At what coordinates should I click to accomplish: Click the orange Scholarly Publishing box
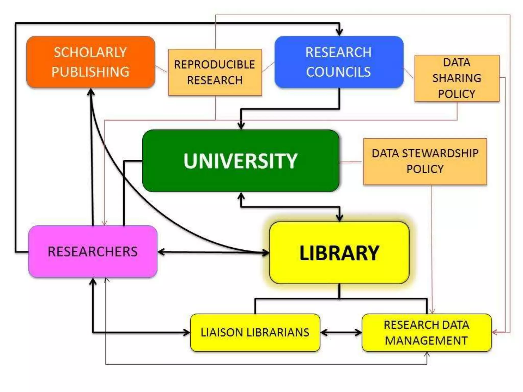(x=91, y=62)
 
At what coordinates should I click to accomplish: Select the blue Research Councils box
(x=339, y=62)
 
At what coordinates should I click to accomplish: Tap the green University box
(x=241, y=161)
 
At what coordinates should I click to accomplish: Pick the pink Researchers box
(x=93, y=251)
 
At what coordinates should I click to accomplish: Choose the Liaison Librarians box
(x=255, y=333)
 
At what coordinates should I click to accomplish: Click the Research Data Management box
(x=426, y=333)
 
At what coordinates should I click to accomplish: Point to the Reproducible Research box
(x=215, y=72)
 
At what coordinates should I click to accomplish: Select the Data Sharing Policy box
(x=457, y=78)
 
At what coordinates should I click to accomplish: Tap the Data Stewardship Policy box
(x=425, y=161)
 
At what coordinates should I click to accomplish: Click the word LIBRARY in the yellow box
(x=339, y=253)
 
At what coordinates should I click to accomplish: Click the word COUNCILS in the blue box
(x=338, y=72)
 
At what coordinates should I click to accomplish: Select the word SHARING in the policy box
(x=457, y=78)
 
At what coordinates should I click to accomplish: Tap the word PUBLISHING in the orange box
(x=90, y=72)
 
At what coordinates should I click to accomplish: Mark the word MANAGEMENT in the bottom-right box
(x=426, y=341)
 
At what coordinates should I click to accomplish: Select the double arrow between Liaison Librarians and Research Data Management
(x=341, y=333)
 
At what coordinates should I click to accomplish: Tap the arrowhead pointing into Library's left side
(x=266, y=253)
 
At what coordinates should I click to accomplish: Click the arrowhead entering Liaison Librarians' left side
(x=187, y=333)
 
